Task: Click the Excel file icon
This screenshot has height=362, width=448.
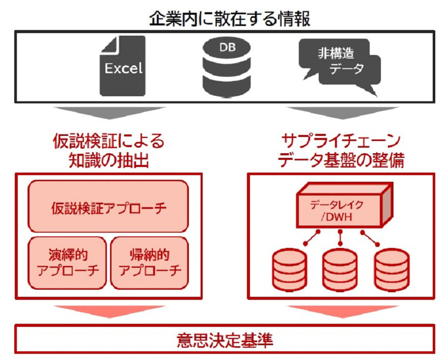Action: (x=122, y=66)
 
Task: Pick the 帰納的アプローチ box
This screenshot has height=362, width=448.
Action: (x=149, y=262)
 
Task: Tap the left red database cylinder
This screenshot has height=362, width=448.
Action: (x=289, y=268)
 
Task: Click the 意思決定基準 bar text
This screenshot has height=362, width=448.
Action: (x=225, y=339)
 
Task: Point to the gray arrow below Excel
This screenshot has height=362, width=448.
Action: (x=110, y=113)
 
